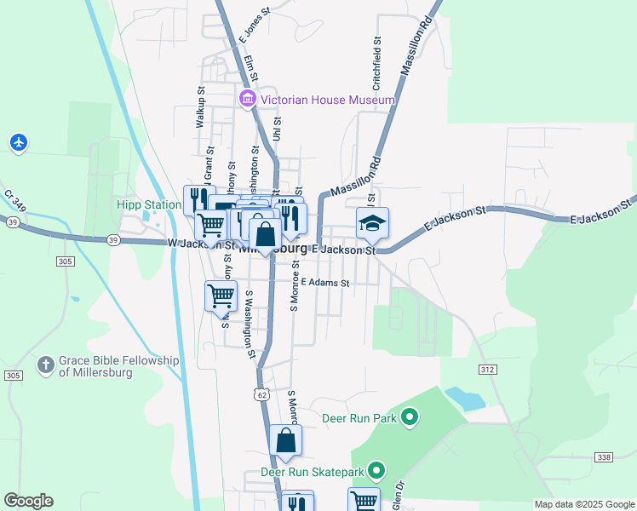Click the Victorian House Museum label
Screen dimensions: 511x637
[328, 100]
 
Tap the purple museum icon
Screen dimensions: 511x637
[248, 100]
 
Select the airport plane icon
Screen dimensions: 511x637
[19, 142]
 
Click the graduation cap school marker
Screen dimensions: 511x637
[372, 224]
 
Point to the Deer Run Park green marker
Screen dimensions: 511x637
[410, 417]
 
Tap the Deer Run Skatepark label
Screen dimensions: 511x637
[312, 471]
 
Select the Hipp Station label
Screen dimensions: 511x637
[149, 205]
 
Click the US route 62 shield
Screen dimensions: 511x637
[261, 393]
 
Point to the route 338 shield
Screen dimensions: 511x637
[603, 457]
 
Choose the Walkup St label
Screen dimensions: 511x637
[202, 106]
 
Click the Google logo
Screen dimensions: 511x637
[28, 501]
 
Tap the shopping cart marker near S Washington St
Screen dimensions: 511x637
[221, 296]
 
